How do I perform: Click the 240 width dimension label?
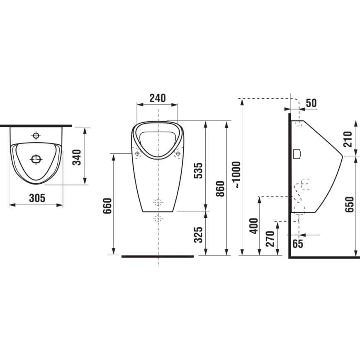(x=158, y=98)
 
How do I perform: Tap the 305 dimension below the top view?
(x=37, y=198)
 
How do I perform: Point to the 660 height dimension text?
(x=107, y=206)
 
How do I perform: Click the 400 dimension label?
(x=254, y=225)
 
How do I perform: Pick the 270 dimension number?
(x=270, y=239)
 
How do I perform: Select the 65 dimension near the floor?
(x=297, y=243)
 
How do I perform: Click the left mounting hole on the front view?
(x=137, y=153)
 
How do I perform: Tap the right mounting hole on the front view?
(x=178, y=153)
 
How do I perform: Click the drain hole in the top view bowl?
(x=36, y=158)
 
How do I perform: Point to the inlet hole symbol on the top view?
(x=36, y=136)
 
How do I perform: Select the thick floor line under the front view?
(x=157, y=256)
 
